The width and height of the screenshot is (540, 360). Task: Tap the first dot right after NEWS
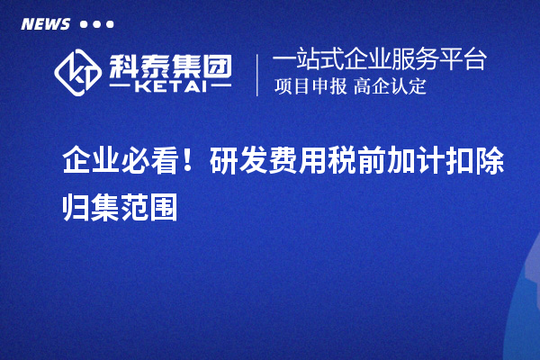(84, 24)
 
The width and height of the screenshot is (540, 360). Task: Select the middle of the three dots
(97, 24)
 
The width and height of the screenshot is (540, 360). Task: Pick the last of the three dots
(110, 24)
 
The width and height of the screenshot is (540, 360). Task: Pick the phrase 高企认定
(391, 87)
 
